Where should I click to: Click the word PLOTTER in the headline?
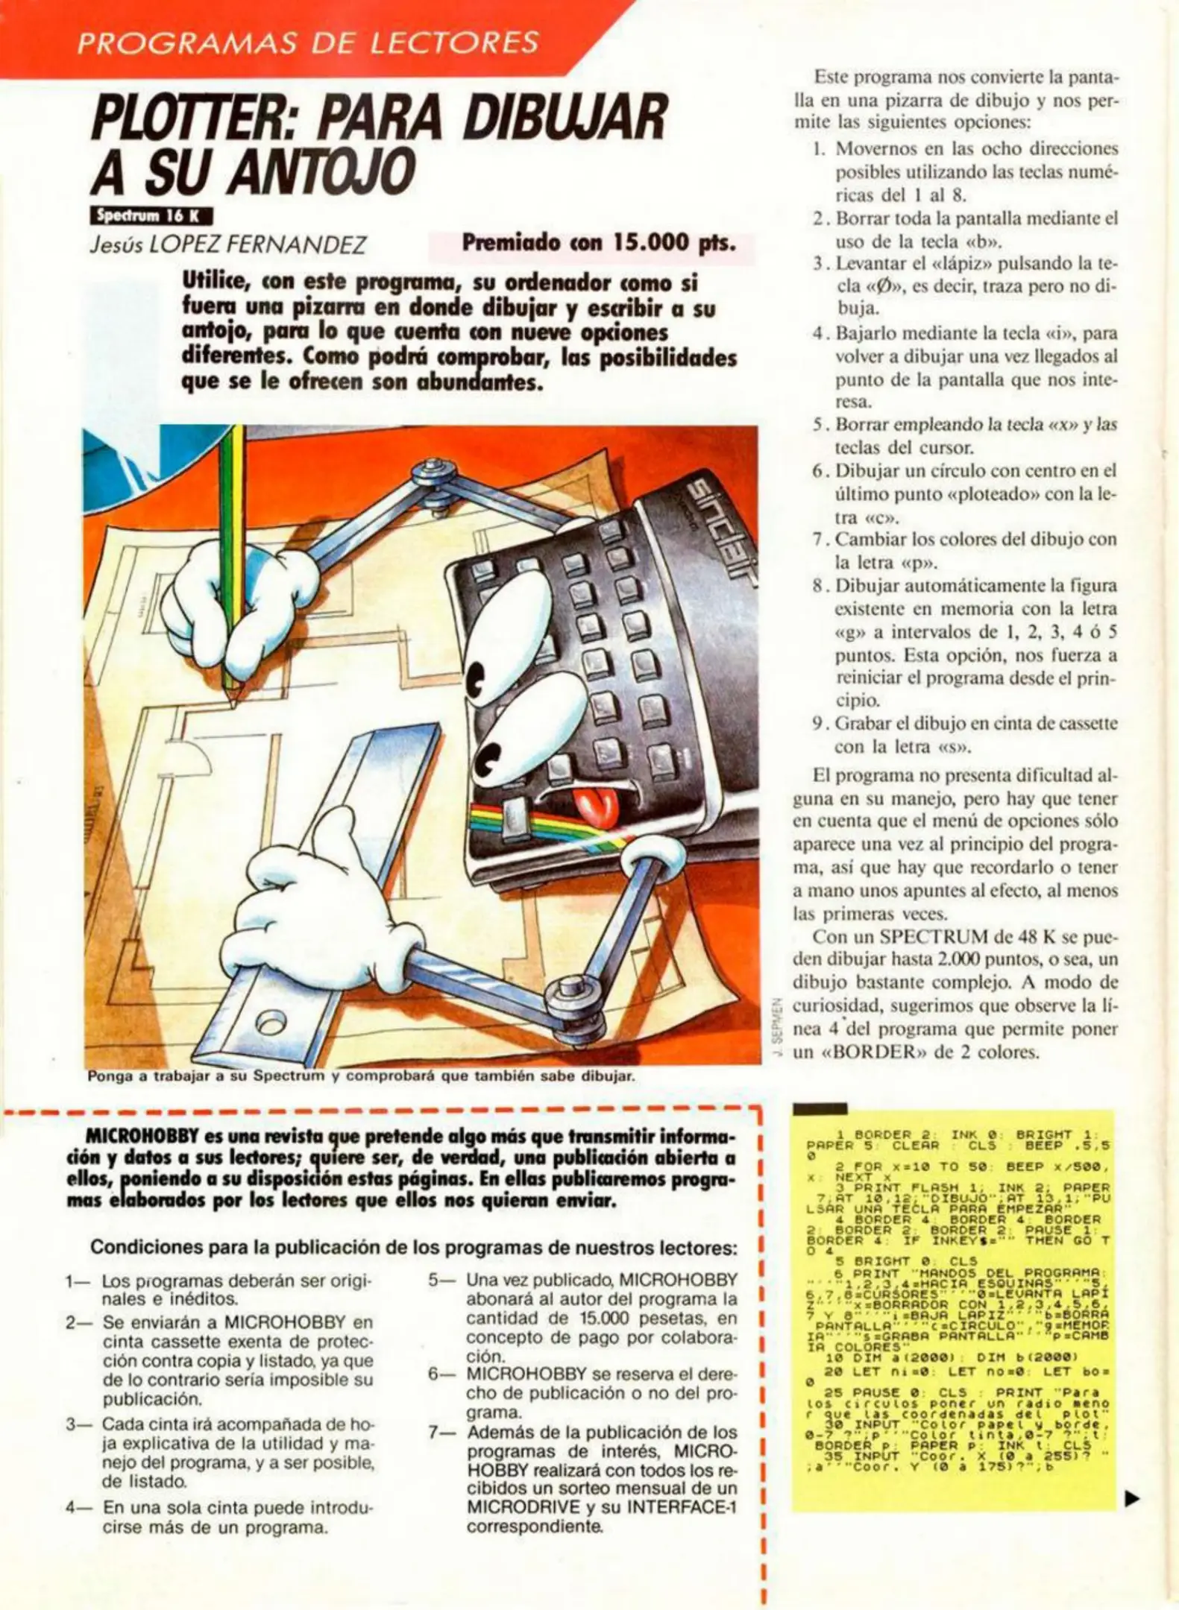(190, 120)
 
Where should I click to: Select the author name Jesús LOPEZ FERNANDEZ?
(227, 245)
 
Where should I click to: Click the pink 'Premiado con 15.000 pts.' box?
(593, 244)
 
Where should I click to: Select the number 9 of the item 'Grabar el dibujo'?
(818, 723)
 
